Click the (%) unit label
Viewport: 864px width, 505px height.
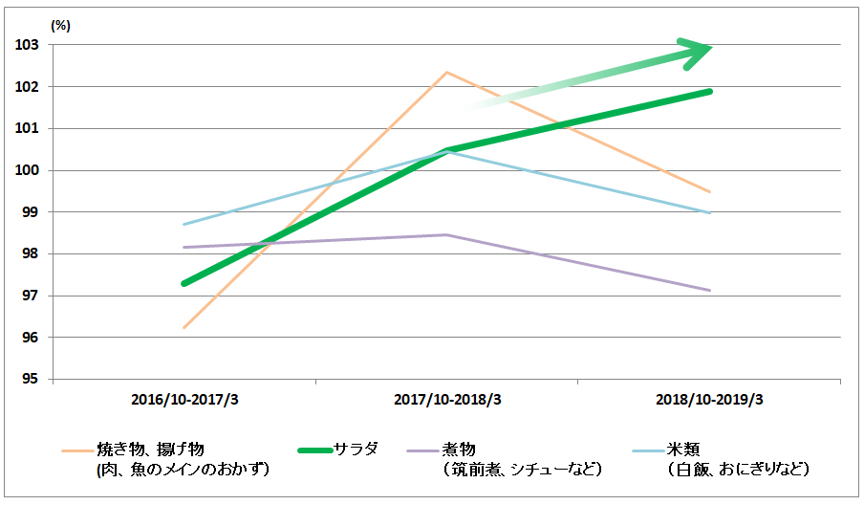coord(60,25)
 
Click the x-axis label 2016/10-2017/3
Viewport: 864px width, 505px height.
coord(184,399)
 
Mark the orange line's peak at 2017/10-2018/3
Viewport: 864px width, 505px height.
coord(446,72)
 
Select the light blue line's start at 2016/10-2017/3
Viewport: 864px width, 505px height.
coord(184,224)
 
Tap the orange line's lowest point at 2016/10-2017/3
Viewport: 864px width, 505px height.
coord(184,328)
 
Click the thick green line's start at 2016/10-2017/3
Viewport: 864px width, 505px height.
coord(184,283)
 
